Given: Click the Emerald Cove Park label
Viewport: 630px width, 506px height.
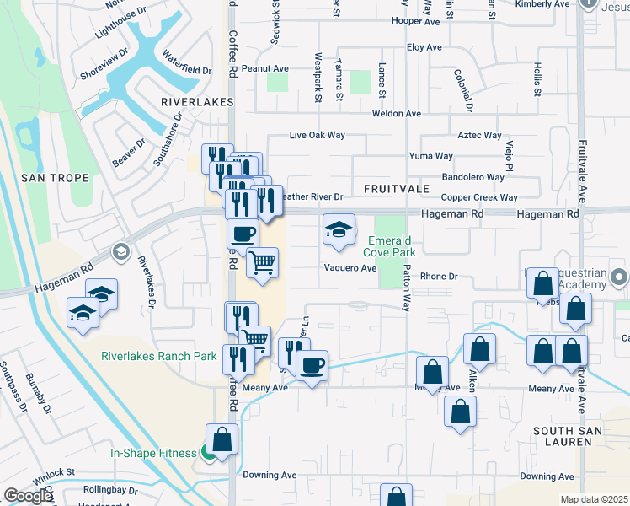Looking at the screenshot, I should tap(391, 245).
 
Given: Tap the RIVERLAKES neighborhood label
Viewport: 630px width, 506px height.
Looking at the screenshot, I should tap(196, 101).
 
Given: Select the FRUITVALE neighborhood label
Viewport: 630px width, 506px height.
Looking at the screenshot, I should tap(397, 187).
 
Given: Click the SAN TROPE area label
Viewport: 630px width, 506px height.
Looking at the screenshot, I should tap(45, 178).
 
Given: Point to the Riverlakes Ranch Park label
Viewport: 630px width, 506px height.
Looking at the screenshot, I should tap(159, 357).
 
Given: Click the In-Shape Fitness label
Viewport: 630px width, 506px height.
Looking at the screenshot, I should tap(154, 453).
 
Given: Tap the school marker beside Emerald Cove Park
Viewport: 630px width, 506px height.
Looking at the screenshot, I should tap(338, 230).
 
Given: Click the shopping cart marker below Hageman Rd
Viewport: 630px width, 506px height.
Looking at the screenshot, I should tap(263, 264).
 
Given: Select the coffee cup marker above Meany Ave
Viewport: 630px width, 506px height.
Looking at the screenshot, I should tap(312, 366).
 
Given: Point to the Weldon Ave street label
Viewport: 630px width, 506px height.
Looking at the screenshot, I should tap(397, 114).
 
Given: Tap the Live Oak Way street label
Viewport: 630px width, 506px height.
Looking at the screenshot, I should tap(317, 135).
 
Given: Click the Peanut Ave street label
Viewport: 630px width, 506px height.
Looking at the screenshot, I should tap(264, 69).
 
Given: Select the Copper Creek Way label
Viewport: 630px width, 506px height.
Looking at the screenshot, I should tap(479, 197).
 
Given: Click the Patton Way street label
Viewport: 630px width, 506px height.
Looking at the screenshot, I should tap(407, 289).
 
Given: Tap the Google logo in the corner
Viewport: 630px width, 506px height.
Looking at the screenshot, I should tap(28, 496).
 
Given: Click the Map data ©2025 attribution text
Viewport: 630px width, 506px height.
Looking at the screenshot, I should tap(595, 499).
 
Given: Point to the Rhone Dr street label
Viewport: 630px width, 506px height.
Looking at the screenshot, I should tap(438, 276).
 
